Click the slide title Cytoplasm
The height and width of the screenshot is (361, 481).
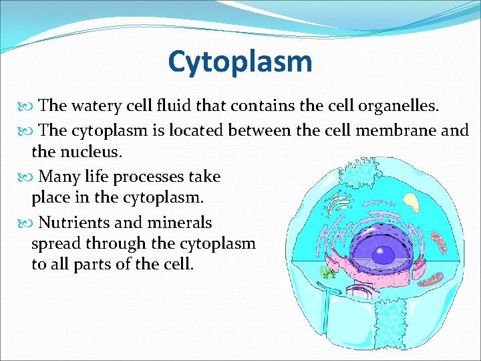click(x=240, y=62)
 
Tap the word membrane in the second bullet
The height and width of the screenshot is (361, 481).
click(x=377, y=130)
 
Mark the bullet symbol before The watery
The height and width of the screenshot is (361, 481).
click(x=27, y=106)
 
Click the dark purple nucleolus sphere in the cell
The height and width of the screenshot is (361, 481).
click(x=384, y=255)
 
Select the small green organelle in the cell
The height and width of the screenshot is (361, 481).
click(x=327, y=272)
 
